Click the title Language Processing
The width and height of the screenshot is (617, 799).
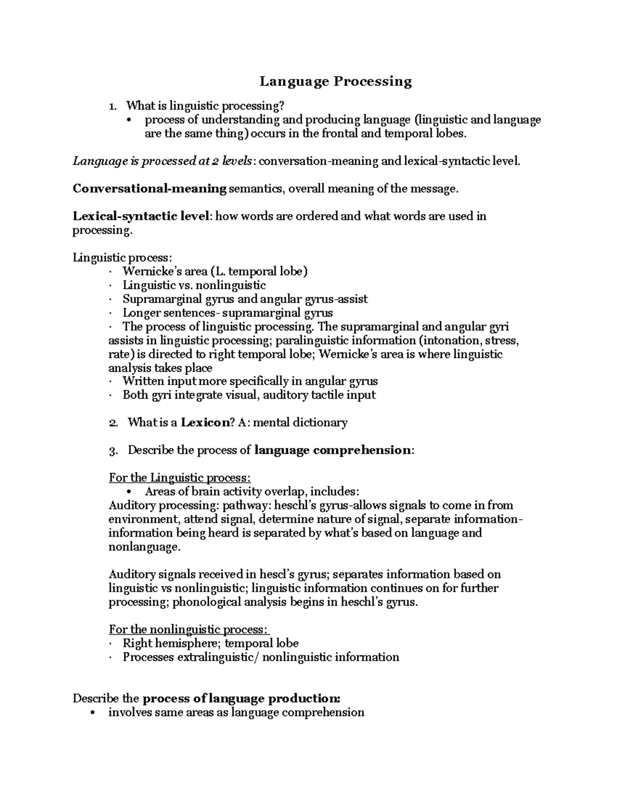point(335,81)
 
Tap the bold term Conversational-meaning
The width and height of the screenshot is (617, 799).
point(150,189)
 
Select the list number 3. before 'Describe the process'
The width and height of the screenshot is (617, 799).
point(114,451)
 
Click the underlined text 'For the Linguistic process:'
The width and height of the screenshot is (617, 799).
point(180,478)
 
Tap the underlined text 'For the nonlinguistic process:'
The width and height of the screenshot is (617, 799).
point(189,629)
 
